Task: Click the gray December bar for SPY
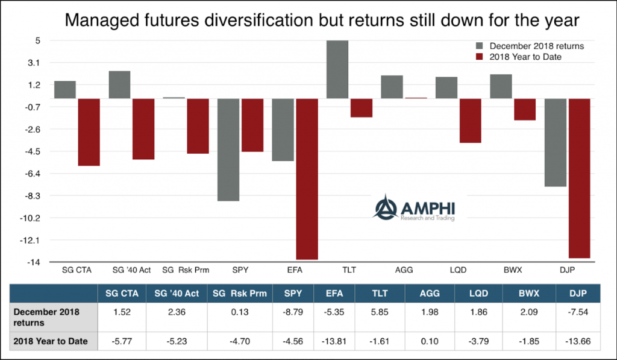pos(228,149)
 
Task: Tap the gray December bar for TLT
pos(337,69)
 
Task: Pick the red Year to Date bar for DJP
pos(579,178)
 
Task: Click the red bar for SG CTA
pos(89,131)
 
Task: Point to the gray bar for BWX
pos(501,86)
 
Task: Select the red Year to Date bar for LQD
pos(470,121)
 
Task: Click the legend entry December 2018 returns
pos(531,46)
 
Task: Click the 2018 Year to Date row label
pos(52,341)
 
